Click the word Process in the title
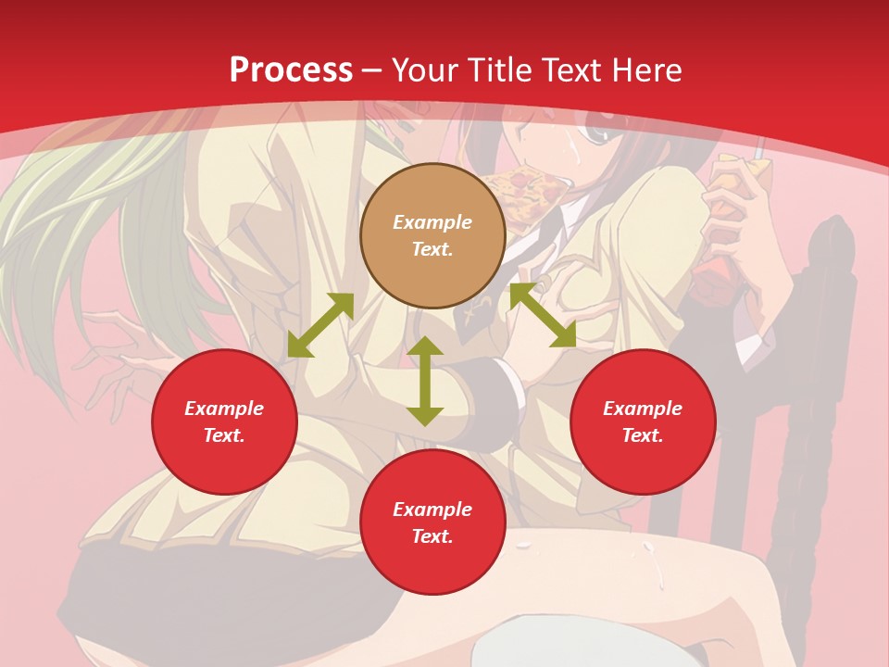click(291, 70)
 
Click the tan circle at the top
click(432, 236)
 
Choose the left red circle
click(224, 422)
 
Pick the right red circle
click(643, 422)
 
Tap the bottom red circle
click(432, 522)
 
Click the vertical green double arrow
click(425, 382)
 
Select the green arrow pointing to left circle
click(320, 325)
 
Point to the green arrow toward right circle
click(543, 316)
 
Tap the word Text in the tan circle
click(432, 249)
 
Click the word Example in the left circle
click(224, 409)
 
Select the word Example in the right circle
click(643, 409)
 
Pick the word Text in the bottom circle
click(432, 536)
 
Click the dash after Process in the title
click(372, 70)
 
